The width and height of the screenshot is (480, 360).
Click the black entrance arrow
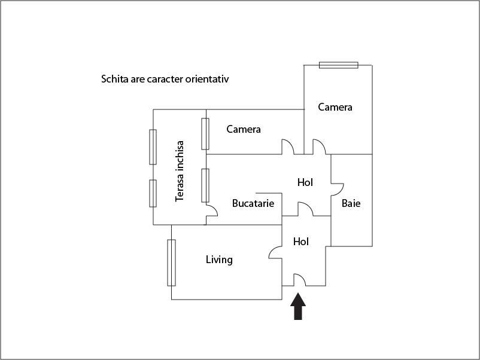tap(298, 306)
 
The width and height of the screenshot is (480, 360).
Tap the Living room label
tap(219, 260)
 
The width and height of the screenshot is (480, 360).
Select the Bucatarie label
tap(253, 203)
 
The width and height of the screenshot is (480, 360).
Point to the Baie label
tap(351, 203)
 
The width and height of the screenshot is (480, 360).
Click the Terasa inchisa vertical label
tap(180, 171)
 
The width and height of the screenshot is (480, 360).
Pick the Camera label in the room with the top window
tap(335, 107)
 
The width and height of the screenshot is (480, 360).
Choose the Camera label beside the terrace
tap(244, 129)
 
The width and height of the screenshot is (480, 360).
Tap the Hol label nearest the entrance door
tap(300, 242)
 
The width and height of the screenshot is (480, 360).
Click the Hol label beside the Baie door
tap(305, 182)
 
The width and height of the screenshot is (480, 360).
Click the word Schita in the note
tap(115, 79)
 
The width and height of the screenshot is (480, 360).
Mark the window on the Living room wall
tap(171, 263)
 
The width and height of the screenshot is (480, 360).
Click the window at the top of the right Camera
tap(339, 65)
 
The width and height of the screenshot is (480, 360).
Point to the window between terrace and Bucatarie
tap(205, 185)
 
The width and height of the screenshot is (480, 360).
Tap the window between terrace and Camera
tap(205, 134)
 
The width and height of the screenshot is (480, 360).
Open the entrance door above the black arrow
tap(300, 280)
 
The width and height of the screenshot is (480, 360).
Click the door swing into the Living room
tap(275, 252)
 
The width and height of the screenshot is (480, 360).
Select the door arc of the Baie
tap(338, 190)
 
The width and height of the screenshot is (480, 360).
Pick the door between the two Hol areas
tap(305, 209)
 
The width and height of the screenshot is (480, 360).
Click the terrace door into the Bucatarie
tap(212, 210)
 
